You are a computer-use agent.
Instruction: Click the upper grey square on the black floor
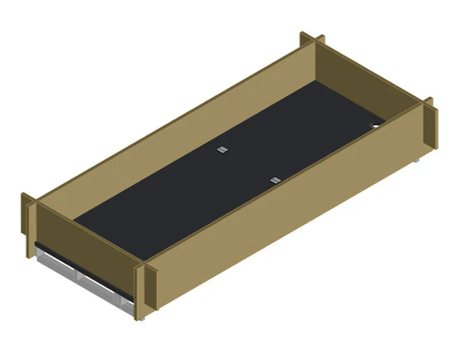221,149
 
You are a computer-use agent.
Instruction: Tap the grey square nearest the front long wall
275,179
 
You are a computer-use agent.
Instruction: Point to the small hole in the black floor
374,126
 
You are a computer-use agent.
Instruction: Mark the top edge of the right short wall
373,74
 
